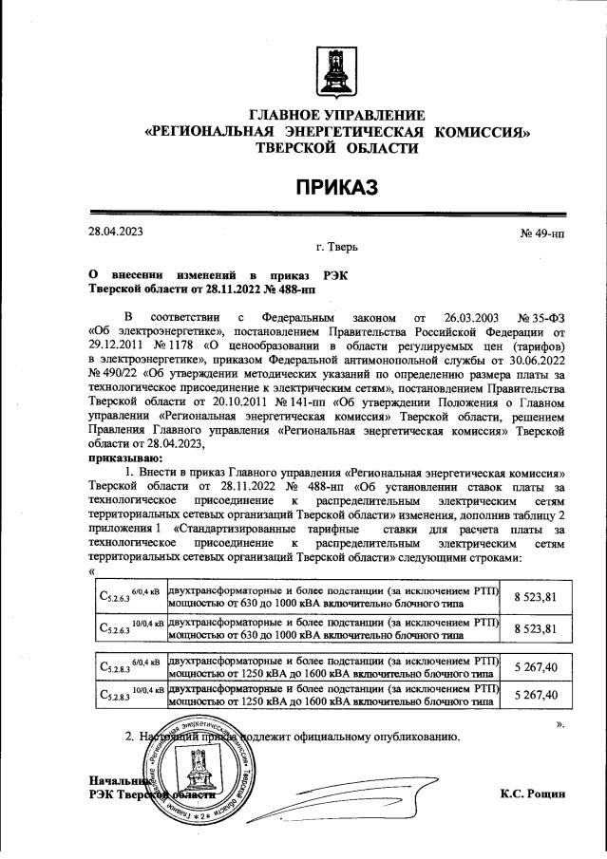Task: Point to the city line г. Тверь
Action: tap(336, 246)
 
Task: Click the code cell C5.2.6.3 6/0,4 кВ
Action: tap(131, 596)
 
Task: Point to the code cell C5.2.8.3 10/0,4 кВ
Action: tap(131, 696)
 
